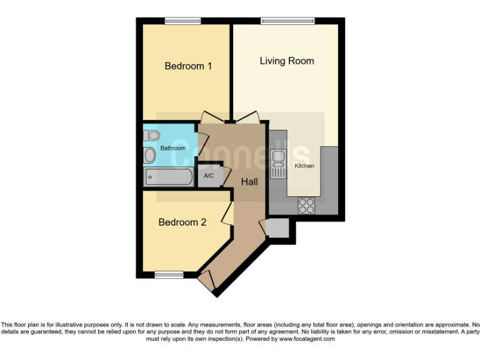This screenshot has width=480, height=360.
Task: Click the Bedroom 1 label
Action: tap(187, 66)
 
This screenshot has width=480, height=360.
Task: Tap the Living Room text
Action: tap(287, 61)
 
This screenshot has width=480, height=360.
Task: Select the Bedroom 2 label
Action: tap(182, 222)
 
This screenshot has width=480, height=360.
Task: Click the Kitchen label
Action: tap(304, 166)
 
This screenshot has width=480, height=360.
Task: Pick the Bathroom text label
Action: tap(173, 148)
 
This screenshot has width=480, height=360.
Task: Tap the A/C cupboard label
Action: tap(209, 176)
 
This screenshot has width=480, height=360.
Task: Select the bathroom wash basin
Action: tap(150, 155)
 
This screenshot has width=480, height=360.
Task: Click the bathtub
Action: tap(169, 177)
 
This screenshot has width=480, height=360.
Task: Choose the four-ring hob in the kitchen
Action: tap(306, 205)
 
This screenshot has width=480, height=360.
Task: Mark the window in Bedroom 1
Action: tap(183, 21)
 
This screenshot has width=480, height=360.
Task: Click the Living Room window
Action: tap(287, 21)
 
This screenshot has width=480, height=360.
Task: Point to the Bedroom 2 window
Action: tap(169, 274)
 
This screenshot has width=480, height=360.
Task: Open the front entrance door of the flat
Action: tap(207, 281)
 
